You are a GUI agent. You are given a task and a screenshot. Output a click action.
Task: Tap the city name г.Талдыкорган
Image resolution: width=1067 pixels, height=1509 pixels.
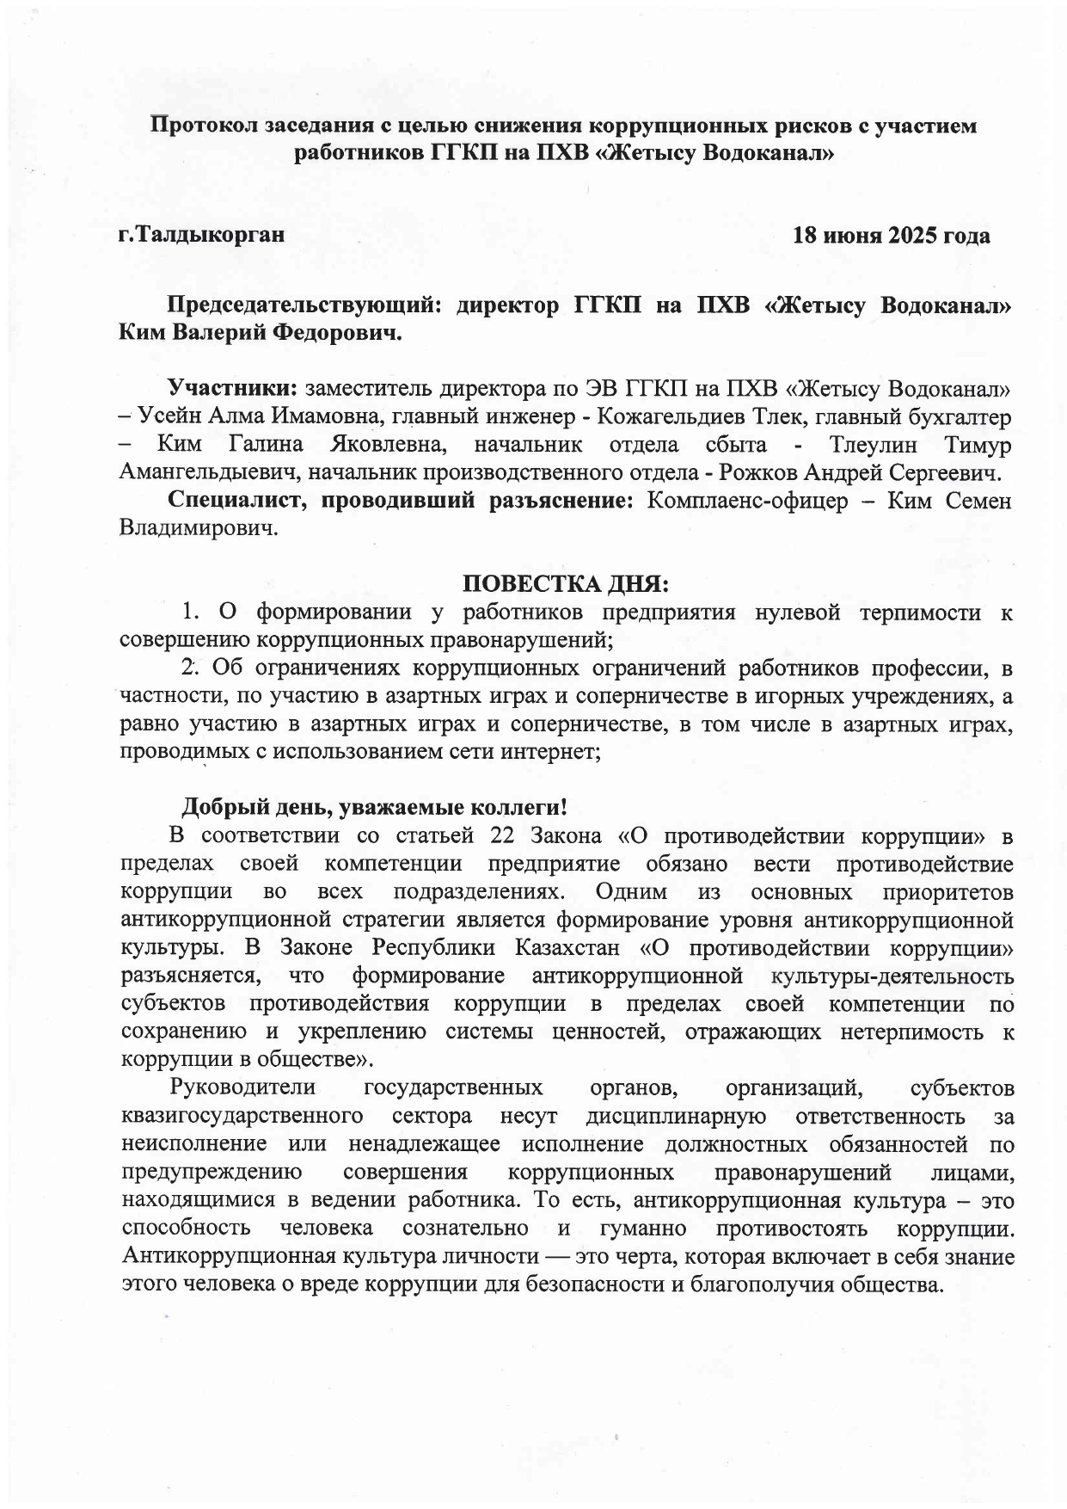201,234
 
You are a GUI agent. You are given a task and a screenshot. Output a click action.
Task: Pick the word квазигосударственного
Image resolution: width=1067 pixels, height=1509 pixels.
242,1116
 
